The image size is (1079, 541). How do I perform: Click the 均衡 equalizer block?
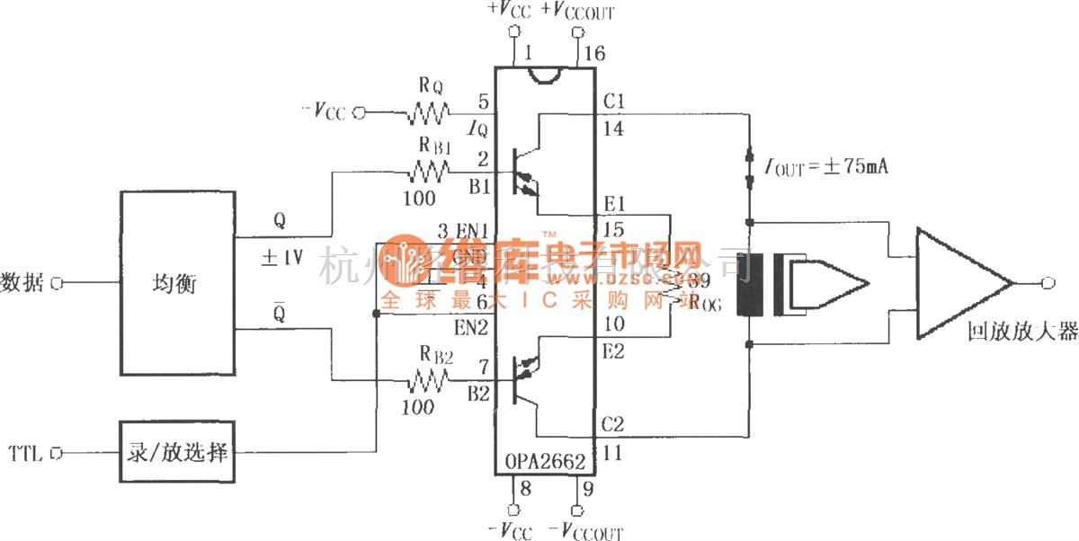(x=177, y=283)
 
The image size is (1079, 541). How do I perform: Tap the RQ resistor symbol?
(x=430, y=113)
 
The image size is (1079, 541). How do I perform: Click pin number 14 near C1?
(x=614, y=129)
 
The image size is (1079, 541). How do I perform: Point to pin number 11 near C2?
(x=613, y=455)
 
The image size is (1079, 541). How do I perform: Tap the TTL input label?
(x=24, y=453)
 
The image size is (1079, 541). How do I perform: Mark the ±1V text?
(x=282, y=259)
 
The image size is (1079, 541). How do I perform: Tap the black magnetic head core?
(x=745, y=285)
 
